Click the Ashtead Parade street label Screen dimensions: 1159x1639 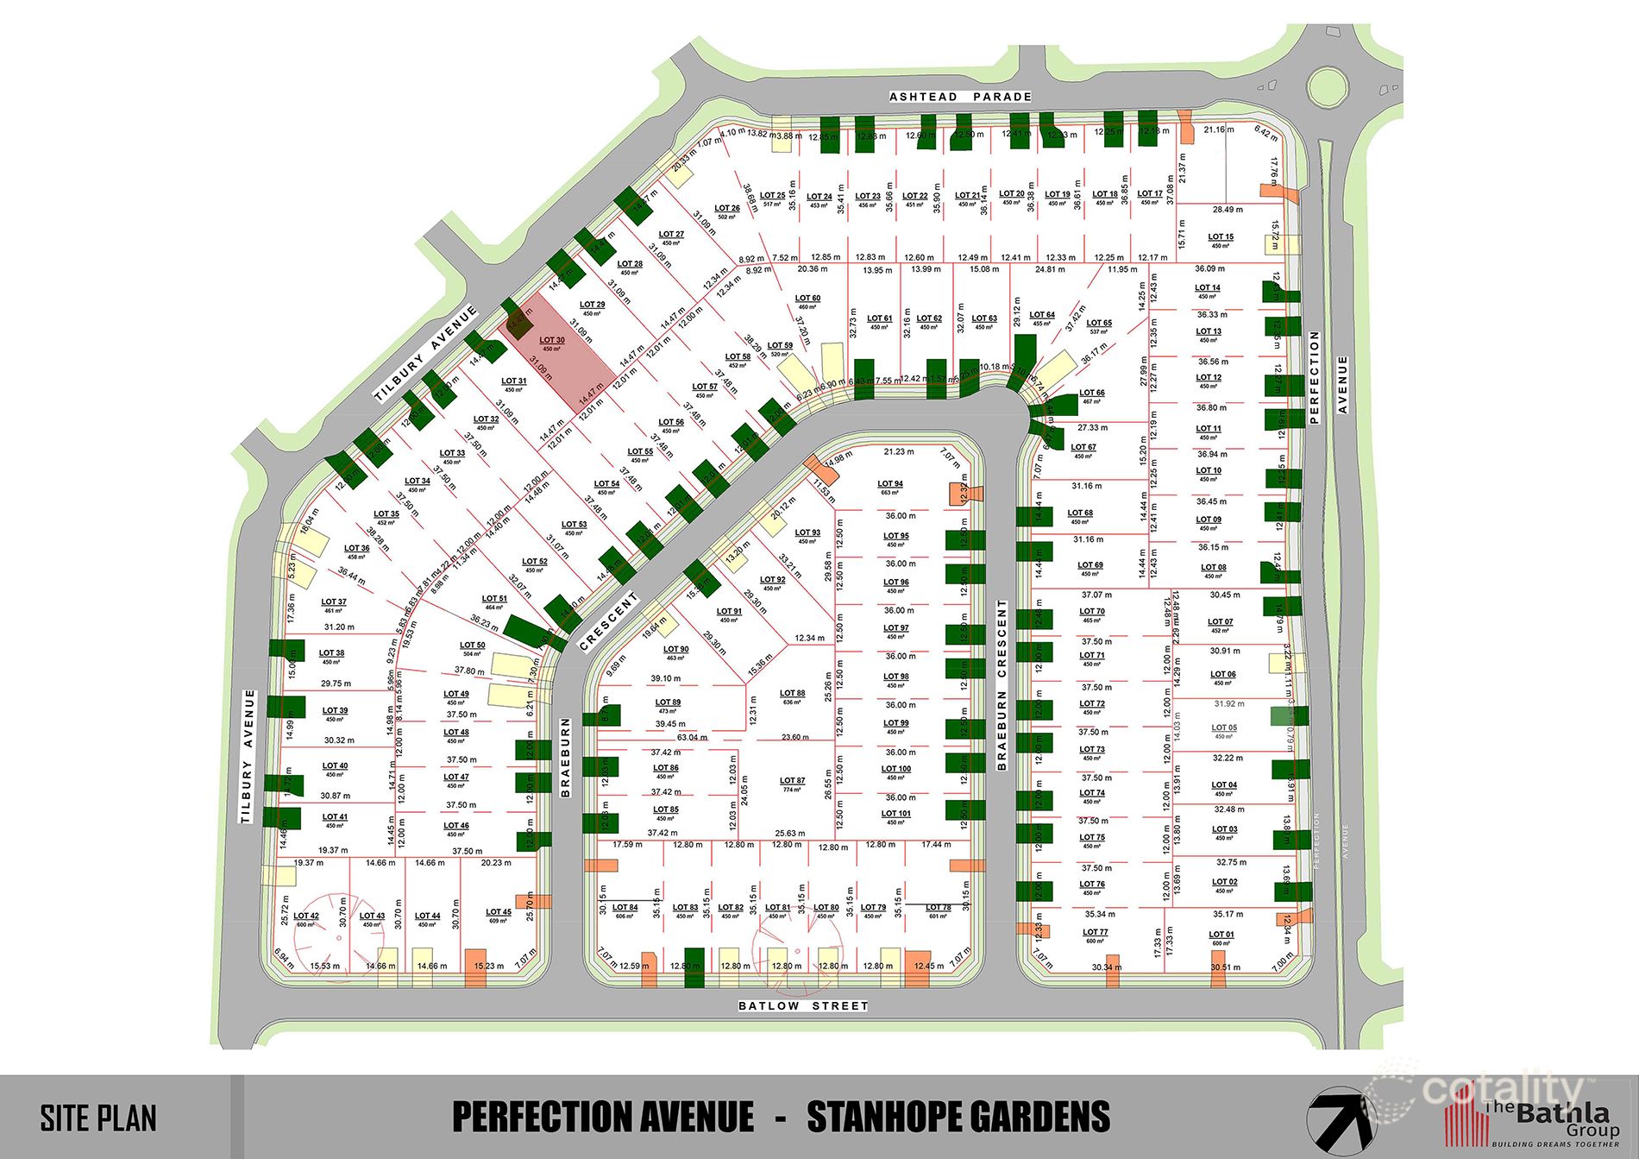click(960, 97)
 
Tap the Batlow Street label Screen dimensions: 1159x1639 click(803, 1005)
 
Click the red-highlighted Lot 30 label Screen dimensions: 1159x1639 click(552, 341)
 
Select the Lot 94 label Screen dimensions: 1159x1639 click(890, 485)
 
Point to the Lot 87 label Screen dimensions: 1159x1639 click(792, 781)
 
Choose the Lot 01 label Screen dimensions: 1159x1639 click(1221, 935)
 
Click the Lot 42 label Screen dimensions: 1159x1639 click(306, 916)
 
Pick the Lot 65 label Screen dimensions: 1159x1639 click(1099, 324)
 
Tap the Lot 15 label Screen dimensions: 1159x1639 click(1221, 237)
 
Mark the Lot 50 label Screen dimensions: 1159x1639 click(472, 646)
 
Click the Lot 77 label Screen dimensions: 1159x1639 click(1095, 933)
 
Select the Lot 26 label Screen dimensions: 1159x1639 click(727, 209)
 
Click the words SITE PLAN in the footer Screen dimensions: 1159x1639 click(98, 1118)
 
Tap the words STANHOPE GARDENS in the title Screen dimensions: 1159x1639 click(958, 1117)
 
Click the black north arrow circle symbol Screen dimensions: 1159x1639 click(1341, 1121)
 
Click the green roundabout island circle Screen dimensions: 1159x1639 click(1327, 85)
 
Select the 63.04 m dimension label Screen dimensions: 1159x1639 click(692, 738)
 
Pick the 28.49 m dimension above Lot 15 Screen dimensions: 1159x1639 click(1228, 210)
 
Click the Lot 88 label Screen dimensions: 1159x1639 click(792, 694)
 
